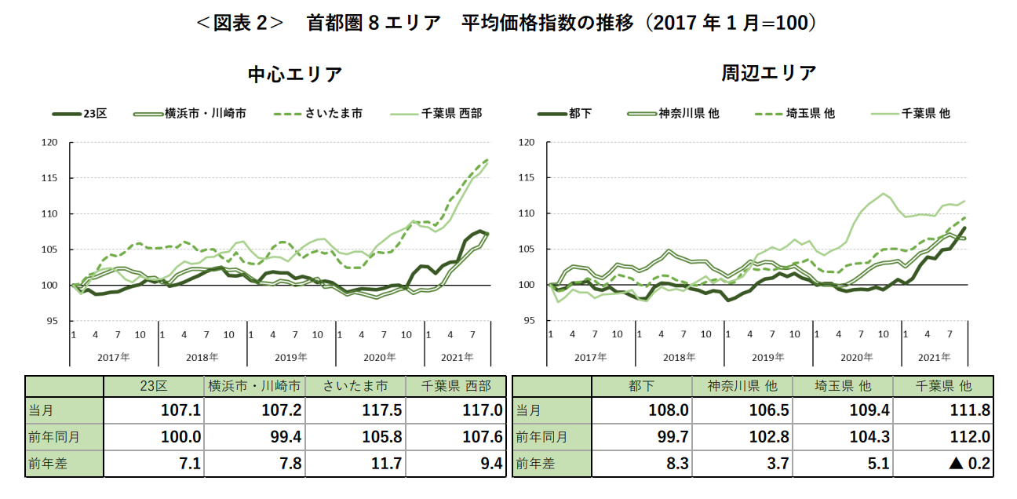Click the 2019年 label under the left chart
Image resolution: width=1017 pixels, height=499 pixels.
pos(290,357)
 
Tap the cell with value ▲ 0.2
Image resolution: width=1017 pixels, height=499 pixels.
pos(944,464)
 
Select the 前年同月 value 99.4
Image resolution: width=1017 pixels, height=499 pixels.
pos(254,437)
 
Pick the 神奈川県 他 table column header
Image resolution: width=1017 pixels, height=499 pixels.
pos(742,386)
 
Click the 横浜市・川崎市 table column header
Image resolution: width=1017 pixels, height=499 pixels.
pos(254,386)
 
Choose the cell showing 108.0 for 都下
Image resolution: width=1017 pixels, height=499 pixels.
pos(643,410)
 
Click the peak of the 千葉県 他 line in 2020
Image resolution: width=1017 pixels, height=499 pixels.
pos(884,193)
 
